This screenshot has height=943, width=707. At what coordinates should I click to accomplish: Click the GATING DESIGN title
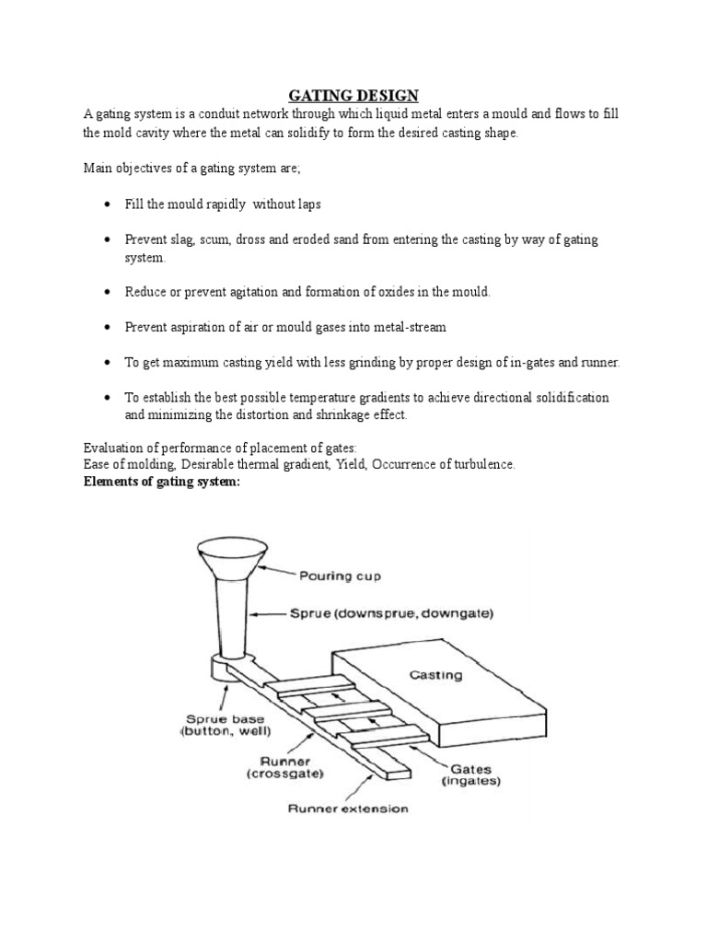click(353, 96)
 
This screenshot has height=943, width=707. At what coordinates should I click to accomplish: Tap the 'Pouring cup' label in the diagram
click(339, 576)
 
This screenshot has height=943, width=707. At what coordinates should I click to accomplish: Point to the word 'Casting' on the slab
click(435, 675)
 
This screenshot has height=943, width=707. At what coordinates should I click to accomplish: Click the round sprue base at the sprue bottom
click(226, 666)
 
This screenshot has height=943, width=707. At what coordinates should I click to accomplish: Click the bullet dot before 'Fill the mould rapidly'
click(108, 204)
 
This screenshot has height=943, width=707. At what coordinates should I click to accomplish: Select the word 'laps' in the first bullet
click(307, 204)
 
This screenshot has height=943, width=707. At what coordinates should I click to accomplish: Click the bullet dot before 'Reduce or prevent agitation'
click(108, 292)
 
